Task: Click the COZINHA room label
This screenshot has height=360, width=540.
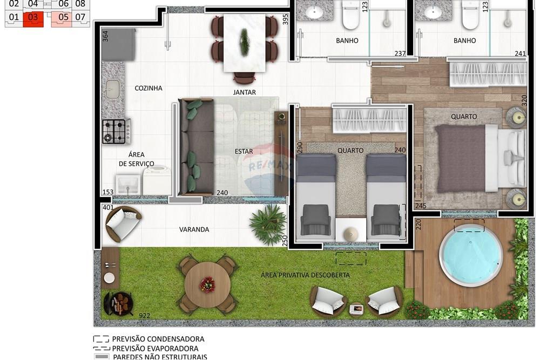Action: pyautogui.click(x=148, y=88)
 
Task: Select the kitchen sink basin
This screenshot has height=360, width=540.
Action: pyautogui.click(x=112, y=89)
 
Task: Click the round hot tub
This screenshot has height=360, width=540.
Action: pyautogui.click(x=470, y=255)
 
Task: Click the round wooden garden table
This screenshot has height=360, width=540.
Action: pyautogui.click(x=207, y=284)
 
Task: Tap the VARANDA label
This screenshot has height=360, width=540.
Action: pyautogui.click(x=194, y=229)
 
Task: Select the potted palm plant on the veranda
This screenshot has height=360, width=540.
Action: pyautogui.click(x=268, y=223)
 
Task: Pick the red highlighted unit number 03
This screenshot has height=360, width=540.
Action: pyautogui.click(x=33, y=17)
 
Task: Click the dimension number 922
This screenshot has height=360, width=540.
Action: pyautogui.click(x=144, y=316)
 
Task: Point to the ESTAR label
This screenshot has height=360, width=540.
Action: pyautogui.click(x=244, y=152)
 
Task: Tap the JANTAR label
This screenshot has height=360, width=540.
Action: pyautogui.click(x=245, y=92)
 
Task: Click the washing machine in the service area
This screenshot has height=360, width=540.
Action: pyautogui.click(x=157, y=180)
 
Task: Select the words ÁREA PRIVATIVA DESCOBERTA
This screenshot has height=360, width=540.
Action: pyautogui.click(x=306, y=275)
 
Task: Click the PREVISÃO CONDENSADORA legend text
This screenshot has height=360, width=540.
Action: pyautogui.click(x=158, y=339)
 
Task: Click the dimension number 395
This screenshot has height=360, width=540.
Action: pyautogui.click(x=285, y=18)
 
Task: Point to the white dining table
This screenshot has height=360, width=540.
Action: pyautogui.click(x=245, y=43)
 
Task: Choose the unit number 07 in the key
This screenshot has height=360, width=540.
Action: pyautogui.click(x=80, y=17)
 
